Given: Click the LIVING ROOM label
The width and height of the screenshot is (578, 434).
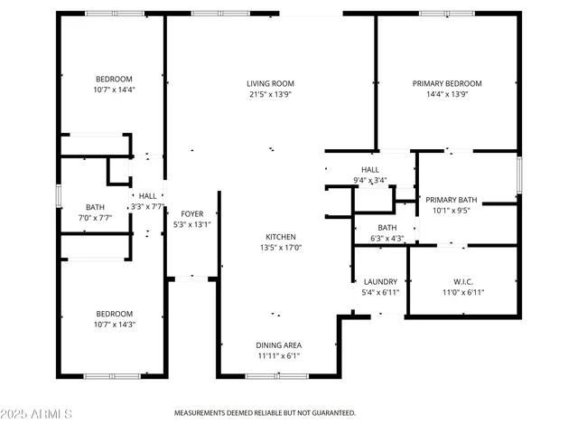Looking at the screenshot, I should point(269,83).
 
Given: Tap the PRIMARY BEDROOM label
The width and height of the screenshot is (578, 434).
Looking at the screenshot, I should point(447,83).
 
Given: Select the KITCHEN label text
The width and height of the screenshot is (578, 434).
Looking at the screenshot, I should point(280,237).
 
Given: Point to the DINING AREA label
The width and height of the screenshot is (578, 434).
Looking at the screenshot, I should point(279,345).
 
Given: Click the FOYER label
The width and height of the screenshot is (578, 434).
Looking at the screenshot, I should point(191,214).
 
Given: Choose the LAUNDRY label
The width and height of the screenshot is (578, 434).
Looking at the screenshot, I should point(380,281).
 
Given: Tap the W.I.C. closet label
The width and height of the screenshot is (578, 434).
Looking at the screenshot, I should point(464,281).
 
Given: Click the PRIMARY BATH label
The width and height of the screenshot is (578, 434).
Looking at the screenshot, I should point(452,200).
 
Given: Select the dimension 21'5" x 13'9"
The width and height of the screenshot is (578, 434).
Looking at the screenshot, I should point(269,94).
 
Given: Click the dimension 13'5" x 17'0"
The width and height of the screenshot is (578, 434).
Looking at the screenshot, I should point(280,248).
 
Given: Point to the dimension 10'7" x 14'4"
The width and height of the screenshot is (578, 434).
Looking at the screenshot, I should point(114,90).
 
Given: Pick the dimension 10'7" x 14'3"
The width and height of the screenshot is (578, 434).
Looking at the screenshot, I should point(114,325).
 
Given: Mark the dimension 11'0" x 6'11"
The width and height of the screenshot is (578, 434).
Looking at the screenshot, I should point(464,292).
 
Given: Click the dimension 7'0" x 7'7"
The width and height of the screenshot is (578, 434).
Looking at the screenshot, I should point(95,218).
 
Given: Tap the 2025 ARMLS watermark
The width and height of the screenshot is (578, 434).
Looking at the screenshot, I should point(37,413).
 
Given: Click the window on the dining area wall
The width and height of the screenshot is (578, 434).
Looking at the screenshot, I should point(270,375).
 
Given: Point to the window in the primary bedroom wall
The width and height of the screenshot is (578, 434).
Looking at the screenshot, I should point(446,14).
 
